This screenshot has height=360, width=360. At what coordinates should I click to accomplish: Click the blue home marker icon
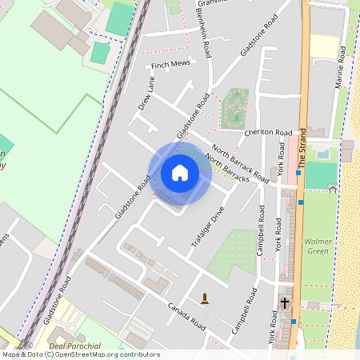click(x=180, y=173)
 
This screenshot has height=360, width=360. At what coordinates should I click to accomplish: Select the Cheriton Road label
click(x=269, y=132)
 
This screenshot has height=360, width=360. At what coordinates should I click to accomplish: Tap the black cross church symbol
click(x=284, y=302)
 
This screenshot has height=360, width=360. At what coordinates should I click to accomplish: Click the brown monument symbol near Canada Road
click(x=206, y=298)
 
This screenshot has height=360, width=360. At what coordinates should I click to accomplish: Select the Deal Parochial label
click(x=74, y=346)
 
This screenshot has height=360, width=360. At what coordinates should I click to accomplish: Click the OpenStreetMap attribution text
click(x=80, y=354)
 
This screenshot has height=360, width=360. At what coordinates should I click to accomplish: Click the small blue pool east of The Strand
click(x=322, y=154)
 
